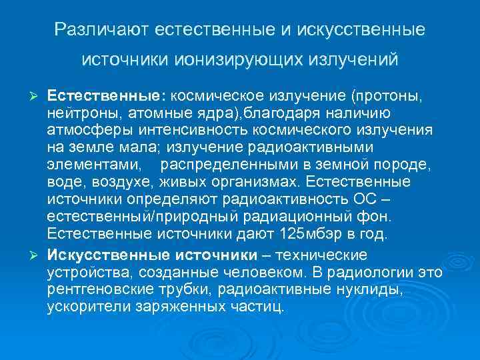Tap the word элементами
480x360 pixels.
[93, 163]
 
